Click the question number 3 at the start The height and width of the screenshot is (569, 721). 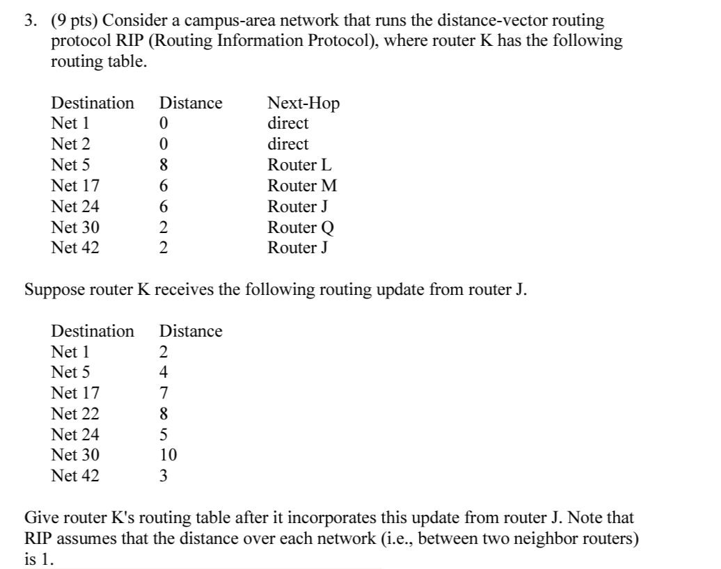coord(29,22)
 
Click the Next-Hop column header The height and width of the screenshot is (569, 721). coord(303,104)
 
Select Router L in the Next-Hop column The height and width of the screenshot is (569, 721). coord(300,166)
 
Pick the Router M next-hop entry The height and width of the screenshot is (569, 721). coord(302,186)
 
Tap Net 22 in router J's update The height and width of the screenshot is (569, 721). coord(75,415)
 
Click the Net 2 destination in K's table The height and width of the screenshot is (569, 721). coord(71,145)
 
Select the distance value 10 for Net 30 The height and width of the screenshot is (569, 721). coord(168,456)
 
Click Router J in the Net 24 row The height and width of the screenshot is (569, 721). coord(298,207)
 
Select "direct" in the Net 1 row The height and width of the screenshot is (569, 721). coord(287,124)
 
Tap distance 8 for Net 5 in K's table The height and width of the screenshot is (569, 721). coord(164,166)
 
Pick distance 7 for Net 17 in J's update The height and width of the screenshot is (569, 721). coord(164,394)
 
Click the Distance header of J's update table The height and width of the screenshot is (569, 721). coord(191,331)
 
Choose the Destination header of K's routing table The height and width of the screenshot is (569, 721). coord(93,104)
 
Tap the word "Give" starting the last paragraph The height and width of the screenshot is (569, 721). coord(40,518)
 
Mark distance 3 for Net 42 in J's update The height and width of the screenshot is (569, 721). coord(164,476)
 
